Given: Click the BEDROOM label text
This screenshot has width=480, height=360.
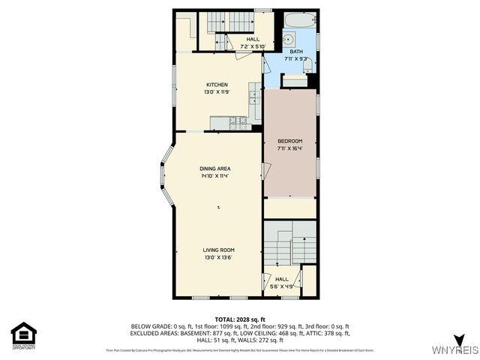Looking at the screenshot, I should (x=289, y=142).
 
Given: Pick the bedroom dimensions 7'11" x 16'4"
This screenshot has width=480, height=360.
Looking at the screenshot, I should (x=289, y=149).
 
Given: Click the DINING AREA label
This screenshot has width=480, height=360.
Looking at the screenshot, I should (x=214, y=169).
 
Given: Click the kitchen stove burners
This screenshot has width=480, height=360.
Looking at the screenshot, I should (x=238, y=120).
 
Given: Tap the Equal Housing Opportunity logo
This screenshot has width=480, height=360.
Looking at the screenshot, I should (x=23, y=334).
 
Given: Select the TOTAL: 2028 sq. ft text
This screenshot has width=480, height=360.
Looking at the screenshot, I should (x=240, y=319).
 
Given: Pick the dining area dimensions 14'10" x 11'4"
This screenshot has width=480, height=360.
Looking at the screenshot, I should (x=214, y=177).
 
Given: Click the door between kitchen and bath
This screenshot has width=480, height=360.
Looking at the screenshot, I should (x=265, y=65).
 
